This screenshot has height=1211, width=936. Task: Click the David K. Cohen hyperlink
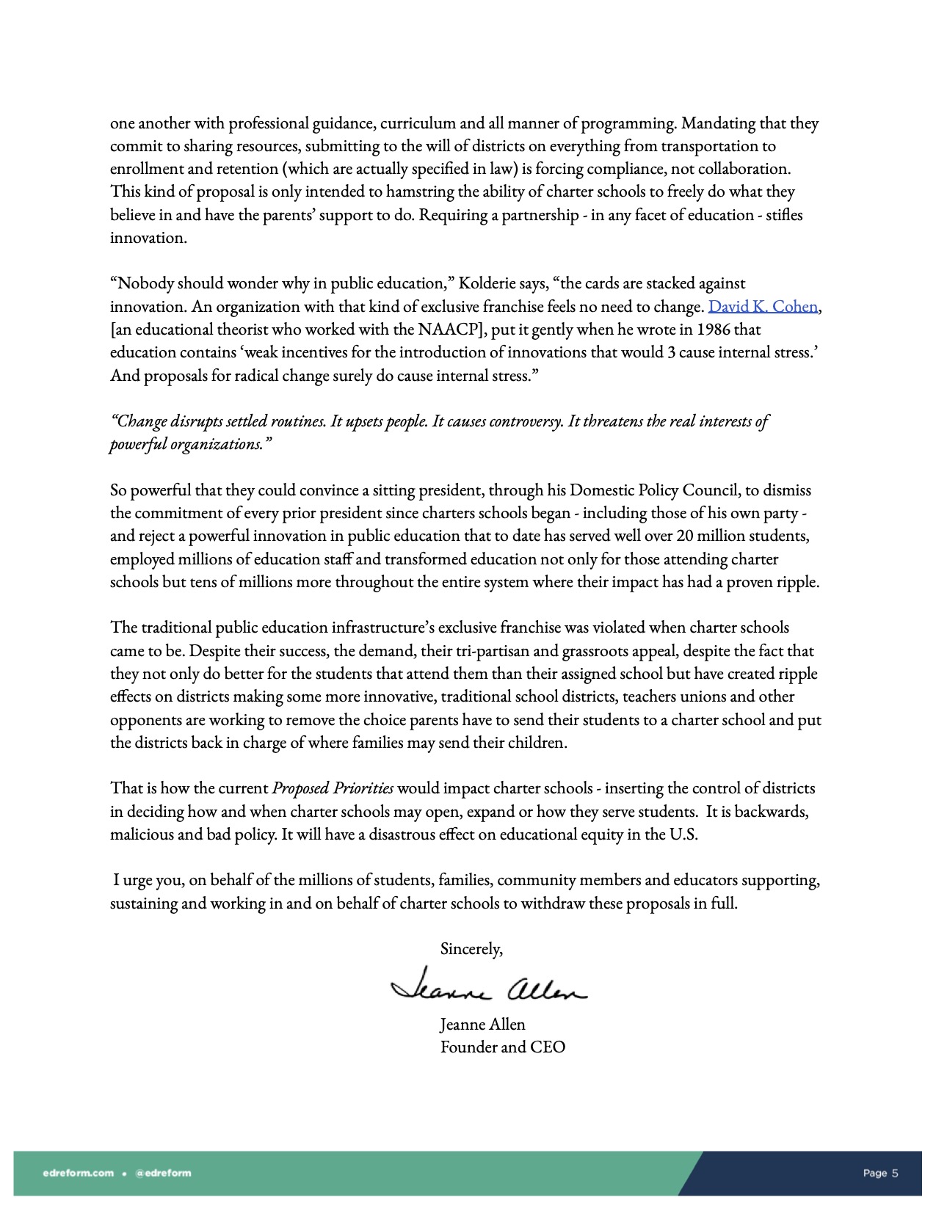click(x=762, y=306)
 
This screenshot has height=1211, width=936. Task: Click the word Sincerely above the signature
click(x=471, y=949)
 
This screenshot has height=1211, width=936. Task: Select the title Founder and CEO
click(x=503, y=1047)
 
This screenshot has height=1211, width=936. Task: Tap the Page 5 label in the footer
click(x=880, y=1173)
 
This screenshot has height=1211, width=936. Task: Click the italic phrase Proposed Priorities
click(x=333, y=788)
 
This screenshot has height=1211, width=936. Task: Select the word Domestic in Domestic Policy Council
click(x=602, y=490)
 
